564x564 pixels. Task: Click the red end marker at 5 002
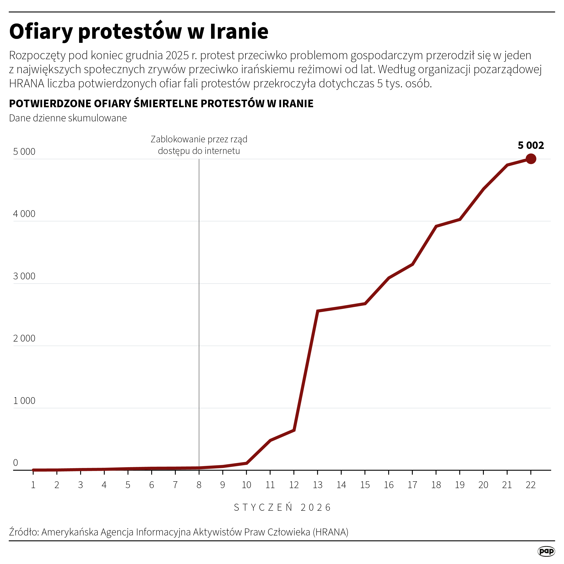pos(531,159)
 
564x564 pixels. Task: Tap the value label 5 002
pos(531,145)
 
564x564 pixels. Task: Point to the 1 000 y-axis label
pos(24,401)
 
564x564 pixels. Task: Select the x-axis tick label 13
pos(317,485)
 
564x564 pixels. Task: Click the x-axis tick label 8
pos(199,485)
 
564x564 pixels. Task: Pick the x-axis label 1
pos(33,485)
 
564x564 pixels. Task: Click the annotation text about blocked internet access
pos(199,145)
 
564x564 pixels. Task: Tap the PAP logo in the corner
pos(546,551)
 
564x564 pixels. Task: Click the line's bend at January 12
pos(294,430)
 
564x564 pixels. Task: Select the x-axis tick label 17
pos(412,485)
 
